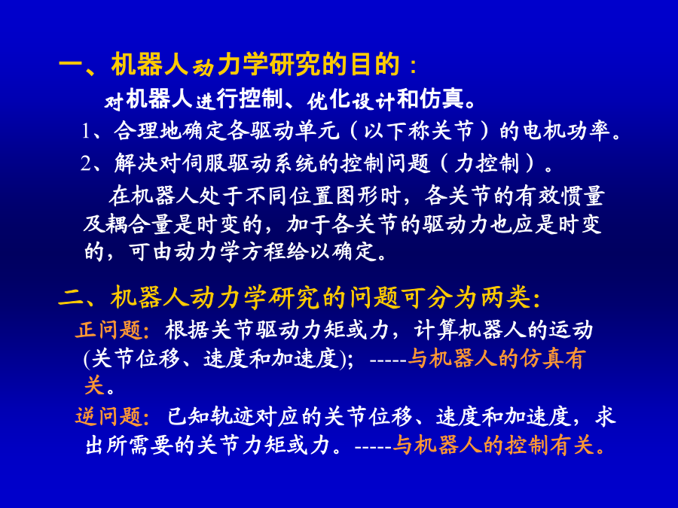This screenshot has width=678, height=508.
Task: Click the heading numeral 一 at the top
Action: tap(72, 65)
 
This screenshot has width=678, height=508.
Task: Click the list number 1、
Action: tap(93, 131)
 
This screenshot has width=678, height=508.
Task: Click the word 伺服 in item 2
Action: tap(204, 163)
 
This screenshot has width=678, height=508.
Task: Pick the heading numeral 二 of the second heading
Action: tap(72, 298)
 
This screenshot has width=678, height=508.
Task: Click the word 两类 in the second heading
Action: tap(505, 297)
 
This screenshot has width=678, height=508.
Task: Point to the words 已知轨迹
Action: tap(212, 416)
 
